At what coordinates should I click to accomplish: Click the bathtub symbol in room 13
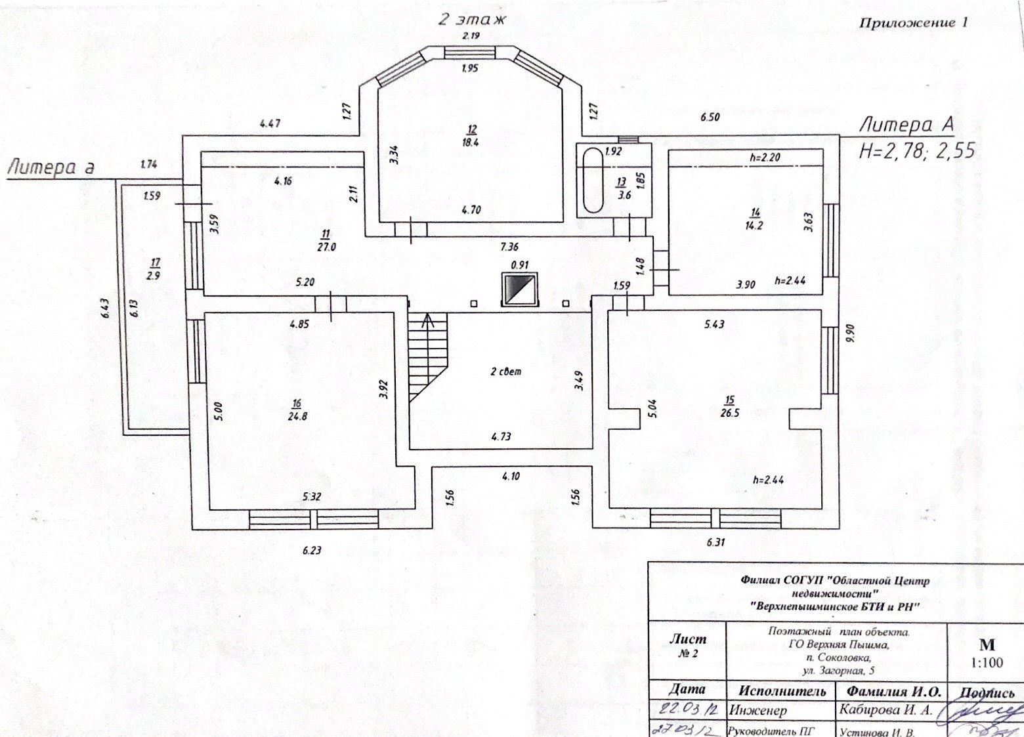[x=593, y=180]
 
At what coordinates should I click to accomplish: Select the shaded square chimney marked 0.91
[x=519, y=289]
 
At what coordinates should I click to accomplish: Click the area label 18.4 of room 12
[x=470, y=142]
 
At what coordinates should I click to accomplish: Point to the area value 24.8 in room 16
[x=297, y=416]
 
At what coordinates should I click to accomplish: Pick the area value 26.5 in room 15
[x=729, y=413]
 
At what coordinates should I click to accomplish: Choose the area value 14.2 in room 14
[x=755, y=226]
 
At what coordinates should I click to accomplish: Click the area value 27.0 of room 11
[x=326, y=247]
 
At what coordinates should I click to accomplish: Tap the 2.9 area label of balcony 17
[x=153, y=276]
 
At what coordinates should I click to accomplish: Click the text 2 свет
[x=506, y=371]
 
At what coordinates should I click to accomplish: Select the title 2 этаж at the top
[x=472, y=19]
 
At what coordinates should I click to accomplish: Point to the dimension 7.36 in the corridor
[x=509, y=247]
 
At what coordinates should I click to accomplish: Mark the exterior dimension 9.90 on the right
[x=851, y=333]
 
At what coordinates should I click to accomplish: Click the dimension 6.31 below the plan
[x=715, y=542]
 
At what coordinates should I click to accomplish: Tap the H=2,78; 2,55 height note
[x=916, y=151]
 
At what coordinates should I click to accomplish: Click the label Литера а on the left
[x=51, y=167]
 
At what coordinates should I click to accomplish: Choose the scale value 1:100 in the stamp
[x=987, y=662]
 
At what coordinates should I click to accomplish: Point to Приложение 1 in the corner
[x=913, y=23]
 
